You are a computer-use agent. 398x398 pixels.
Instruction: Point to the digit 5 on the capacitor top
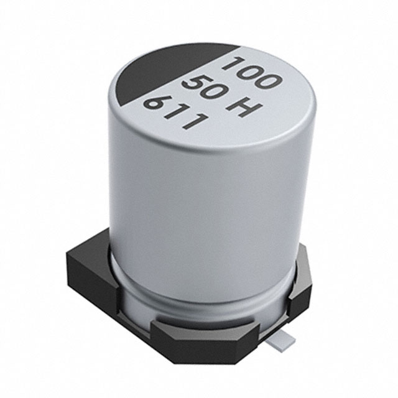[188, 85]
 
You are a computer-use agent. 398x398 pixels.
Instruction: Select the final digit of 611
[193, 124]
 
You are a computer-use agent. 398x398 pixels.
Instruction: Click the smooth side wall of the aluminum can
[199, 205]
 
